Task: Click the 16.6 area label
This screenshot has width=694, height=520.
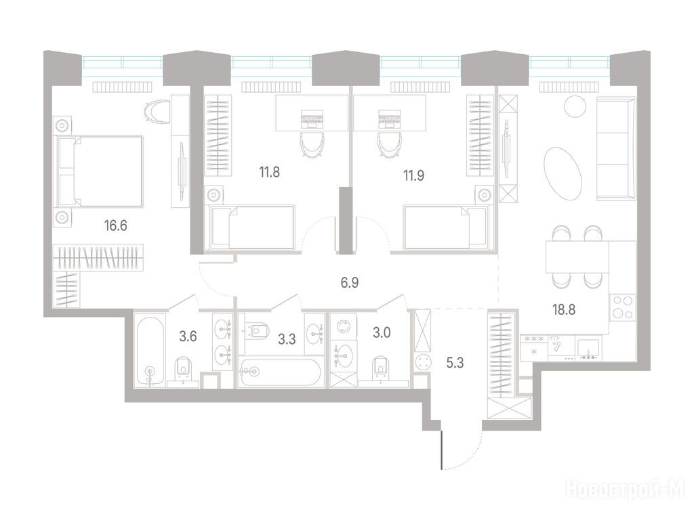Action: click(115, 226)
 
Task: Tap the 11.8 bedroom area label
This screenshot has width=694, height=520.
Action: click(270, 171)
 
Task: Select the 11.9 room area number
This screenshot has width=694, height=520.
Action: click(413, 175)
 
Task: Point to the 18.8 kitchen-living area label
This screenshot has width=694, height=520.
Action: click(564, 309)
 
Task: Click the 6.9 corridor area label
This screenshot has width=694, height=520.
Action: click(350, 282)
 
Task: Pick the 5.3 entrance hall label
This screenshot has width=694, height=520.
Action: click(455, 363)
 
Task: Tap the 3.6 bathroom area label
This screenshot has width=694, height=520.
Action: click(188, 337)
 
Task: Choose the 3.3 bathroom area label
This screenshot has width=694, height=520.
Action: click(287, 340)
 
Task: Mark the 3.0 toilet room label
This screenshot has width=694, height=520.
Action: click(381, 332)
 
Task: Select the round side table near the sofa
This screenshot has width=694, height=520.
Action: click(575, 106)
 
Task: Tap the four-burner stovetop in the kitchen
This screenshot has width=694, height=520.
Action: click(623, 307)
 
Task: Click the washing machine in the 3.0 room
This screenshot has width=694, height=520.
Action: click(343, 328)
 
